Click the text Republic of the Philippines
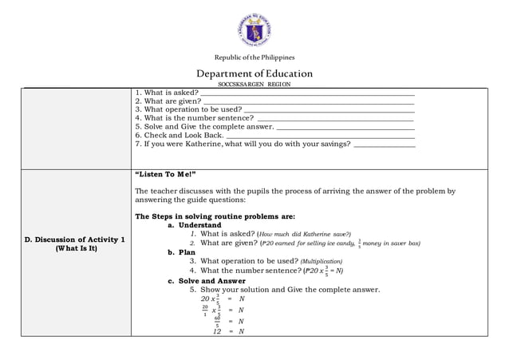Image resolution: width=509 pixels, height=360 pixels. click(x=254, y=57)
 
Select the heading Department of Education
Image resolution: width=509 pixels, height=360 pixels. click(x=254, y=73)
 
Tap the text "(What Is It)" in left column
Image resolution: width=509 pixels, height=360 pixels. click(x=75, y=248)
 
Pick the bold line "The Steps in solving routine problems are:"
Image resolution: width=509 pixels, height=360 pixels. click(x=215, y=216)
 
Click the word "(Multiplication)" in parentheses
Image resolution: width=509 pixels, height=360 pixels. click(x=322, y=261)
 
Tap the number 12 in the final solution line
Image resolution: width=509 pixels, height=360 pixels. click(x=216, y=331)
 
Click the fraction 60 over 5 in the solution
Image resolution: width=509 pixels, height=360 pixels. click(x=217, y=321)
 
